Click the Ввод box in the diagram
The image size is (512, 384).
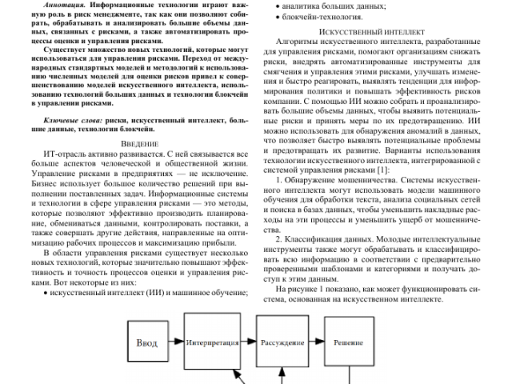click(x=146, y=342)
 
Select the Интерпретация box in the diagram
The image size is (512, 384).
click(x=210, y=342)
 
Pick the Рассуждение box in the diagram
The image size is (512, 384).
click(x=282, y=342)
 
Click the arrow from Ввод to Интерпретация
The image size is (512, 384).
click(x=176, y=342)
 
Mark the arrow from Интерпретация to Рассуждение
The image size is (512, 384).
click(x=246, y=342)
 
